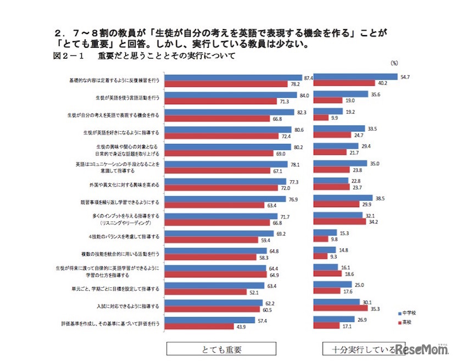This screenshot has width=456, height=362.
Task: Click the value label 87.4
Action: (308, 78)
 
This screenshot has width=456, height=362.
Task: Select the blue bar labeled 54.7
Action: (357, 77)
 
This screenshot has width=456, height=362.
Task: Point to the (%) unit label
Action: (394, 63)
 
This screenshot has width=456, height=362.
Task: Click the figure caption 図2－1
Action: (68, 56)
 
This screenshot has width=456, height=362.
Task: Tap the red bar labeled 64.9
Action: (216, 274)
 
